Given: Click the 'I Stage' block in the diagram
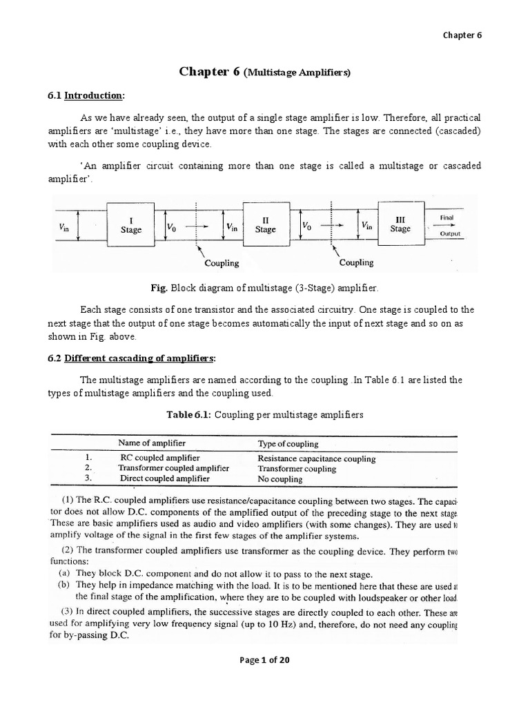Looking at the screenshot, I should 130,225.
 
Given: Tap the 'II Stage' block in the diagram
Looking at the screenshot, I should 265,224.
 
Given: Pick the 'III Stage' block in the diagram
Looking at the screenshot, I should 400,224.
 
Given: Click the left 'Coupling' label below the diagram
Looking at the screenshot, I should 222,263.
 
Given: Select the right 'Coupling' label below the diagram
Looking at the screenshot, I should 356,262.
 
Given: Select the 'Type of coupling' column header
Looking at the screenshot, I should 288,443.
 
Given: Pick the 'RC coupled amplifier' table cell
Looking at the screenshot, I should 159,458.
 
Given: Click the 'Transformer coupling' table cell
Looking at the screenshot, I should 297,469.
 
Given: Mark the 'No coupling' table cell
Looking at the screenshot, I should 279,479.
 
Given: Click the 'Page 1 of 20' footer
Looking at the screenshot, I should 264,659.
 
